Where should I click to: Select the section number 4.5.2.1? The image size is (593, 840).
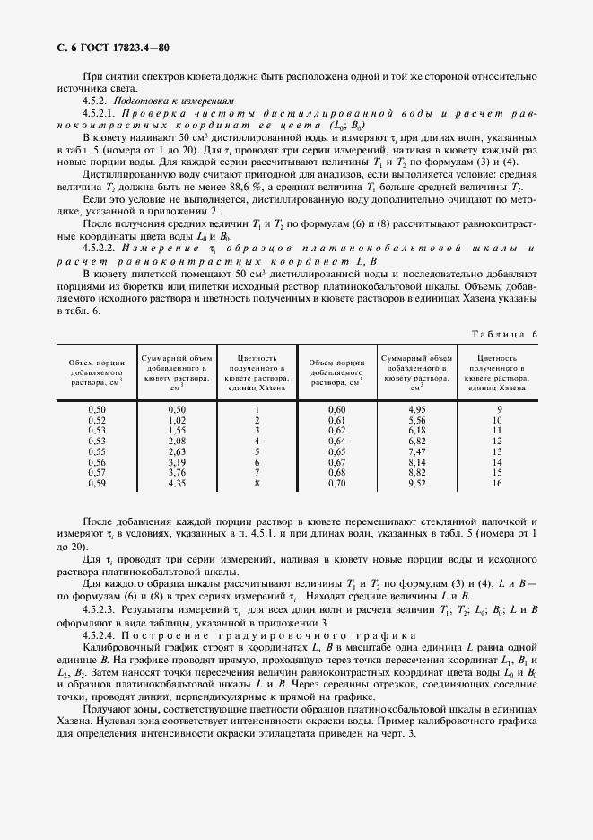(100, 114)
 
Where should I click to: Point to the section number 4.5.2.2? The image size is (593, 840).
(100, 246)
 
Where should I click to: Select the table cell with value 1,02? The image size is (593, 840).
(176, 420)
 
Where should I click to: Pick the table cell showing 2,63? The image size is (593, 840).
(176, 451)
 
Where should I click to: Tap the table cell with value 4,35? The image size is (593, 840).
(176, 484)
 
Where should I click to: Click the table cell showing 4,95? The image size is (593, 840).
(416, 409)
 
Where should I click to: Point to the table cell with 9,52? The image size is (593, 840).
(416, 484)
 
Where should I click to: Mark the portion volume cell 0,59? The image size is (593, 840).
(97, 484)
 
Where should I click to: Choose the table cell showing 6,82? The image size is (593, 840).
(416, 441)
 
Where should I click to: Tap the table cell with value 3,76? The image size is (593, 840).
(176, 473)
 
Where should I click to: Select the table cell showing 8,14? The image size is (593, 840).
(416, 462)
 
